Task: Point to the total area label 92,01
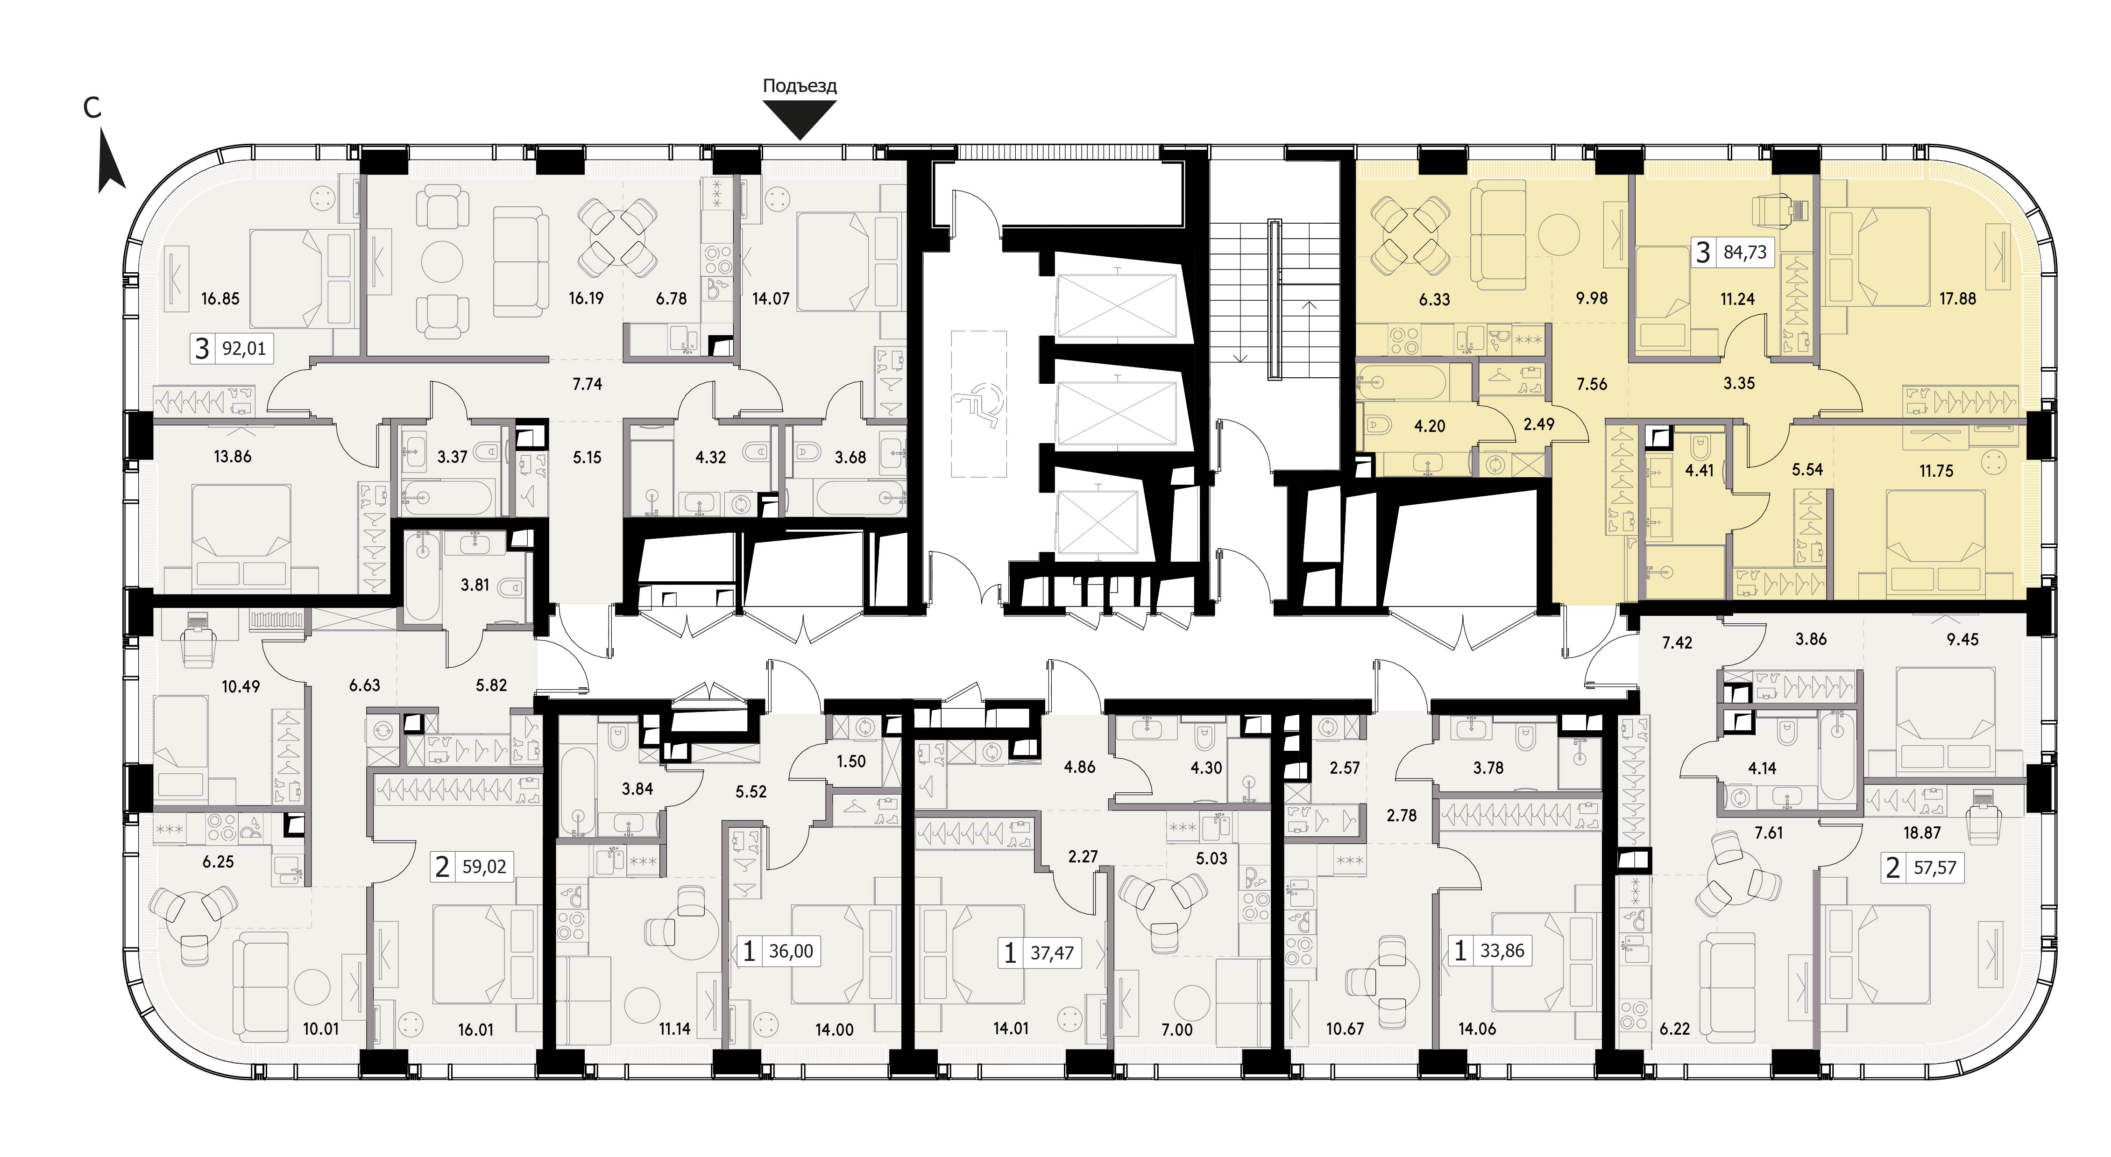coord(244,349)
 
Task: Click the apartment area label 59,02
coord(484,866)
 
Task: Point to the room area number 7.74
coord(588,383)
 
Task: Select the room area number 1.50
coord(851,761)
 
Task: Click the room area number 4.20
coord(1430,426)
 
